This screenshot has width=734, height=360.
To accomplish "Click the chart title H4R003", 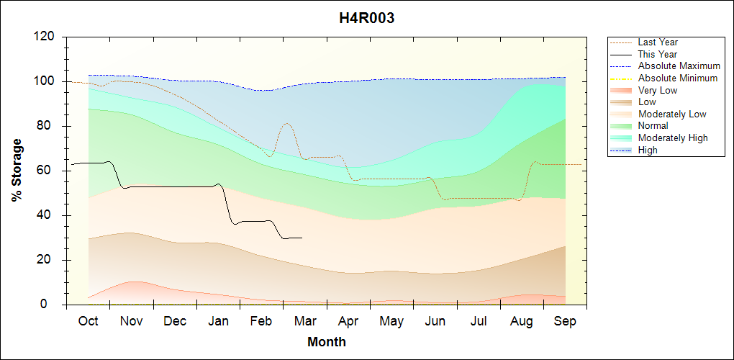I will [367, 19].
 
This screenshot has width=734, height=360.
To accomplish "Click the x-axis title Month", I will [327, 342].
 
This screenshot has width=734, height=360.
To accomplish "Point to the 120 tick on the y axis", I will [46, 37].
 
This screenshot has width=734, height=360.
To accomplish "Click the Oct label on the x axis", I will [88, 321].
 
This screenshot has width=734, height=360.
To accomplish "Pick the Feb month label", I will [261, 321].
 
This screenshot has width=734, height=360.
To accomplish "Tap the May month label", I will [391, 321].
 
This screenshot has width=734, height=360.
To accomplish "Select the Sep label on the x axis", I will [565, 321].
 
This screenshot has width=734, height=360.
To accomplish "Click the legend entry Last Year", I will [658, 42].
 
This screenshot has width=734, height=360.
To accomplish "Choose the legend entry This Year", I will [658, 54].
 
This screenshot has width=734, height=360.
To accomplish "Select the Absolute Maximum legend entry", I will [679, 66].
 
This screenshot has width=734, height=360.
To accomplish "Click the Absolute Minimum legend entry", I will [678, 78].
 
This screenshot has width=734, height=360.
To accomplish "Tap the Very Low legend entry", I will [658, 90].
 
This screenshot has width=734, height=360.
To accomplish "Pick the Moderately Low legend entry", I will [672, 114].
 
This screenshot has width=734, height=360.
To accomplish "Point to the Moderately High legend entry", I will [673, 138].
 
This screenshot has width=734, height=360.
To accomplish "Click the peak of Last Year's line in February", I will [286, 123].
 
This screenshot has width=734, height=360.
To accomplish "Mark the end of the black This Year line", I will [302, 238].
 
